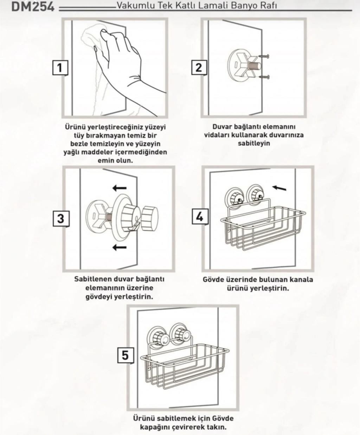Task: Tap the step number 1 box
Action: point(60,68)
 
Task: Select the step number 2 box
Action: point(199,68)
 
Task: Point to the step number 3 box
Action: point(61,219)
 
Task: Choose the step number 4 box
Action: point(200,217)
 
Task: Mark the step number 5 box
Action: point(126,355)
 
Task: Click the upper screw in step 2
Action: point(264,56)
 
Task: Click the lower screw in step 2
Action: point(264,77)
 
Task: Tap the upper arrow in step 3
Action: point(120,188)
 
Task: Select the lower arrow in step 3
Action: point(120,247)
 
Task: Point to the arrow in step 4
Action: point(279,188)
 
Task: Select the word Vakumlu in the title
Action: point(136,5)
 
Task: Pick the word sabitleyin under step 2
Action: point(254,143)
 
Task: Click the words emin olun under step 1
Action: point(115,160)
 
